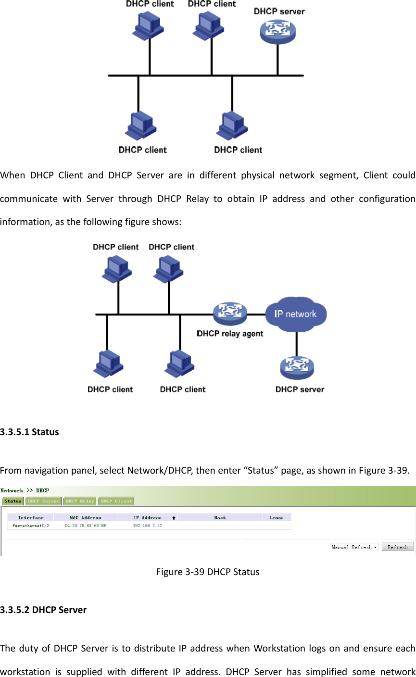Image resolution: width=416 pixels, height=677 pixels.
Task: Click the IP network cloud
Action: coord(295,314)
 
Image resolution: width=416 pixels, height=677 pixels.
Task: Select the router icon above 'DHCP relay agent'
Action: coord(230,313)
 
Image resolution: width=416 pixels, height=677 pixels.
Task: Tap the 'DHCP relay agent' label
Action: coord(230,334)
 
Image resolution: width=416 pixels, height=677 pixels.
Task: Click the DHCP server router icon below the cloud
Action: coord(297,368)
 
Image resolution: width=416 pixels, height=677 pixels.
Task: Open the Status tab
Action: coord(13,501)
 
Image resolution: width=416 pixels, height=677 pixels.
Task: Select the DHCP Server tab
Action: coord(43,501)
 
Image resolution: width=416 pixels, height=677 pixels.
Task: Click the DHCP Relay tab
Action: coord(80,501)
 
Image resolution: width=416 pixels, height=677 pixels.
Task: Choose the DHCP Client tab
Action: coord(116,501)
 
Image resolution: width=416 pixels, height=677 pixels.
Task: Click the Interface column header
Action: coord(31,518)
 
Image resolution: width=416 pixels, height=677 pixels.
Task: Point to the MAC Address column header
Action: coord(85,518)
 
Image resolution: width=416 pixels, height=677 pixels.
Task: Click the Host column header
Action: coord(220,518)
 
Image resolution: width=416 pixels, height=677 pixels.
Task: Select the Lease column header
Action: coord(277,518)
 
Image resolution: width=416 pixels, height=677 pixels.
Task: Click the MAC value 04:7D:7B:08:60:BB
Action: coord(85,526)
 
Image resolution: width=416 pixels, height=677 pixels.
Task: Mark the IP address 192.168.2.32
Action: coord(147,526)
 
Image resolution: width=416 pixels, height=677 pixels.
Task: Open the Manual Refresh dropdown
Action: coord(354,547)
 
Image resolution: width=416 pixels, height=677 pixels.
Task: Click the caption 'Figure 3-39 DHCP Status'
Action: coord(208,572)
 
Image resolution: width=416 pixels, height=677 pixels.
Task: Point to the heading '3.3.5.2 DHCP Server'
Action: coord(43,610)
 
